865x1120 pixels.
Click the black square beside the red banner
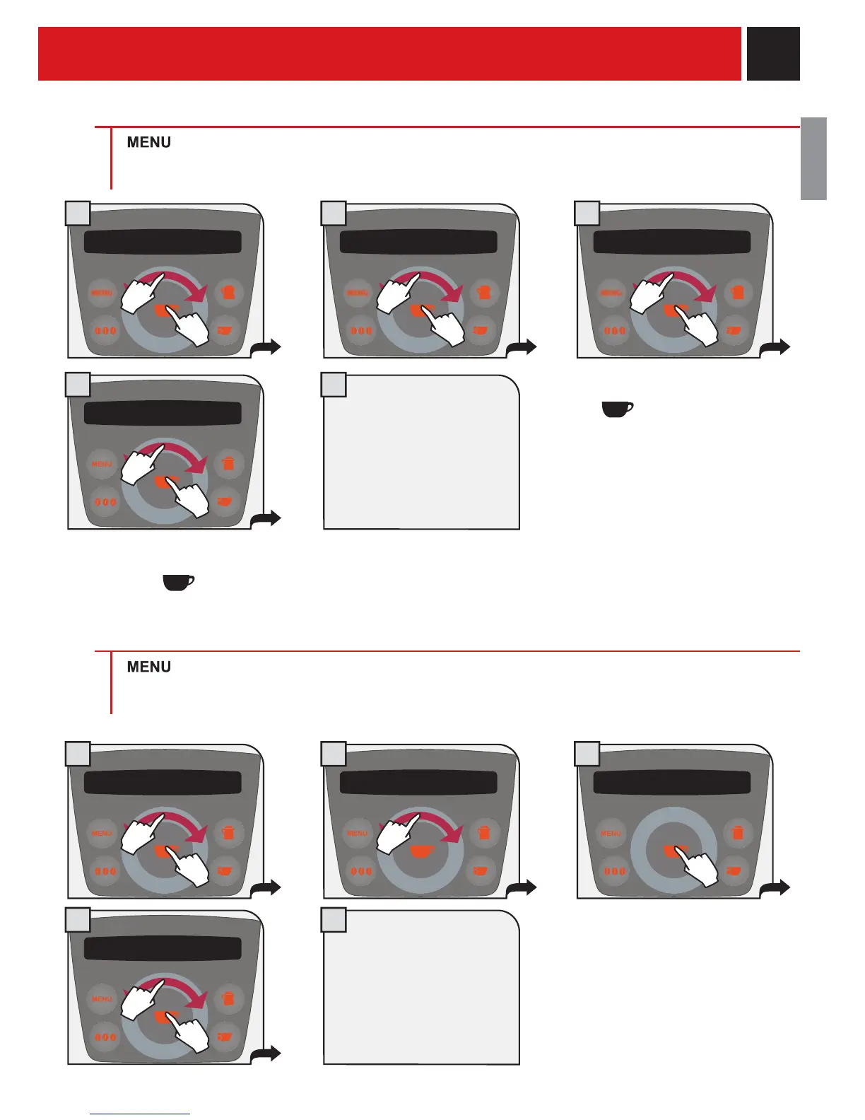[773, 54]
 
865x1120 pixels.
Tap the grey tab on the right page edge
[813, 158]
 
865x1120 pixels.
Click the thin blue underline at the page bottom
[140, 1114]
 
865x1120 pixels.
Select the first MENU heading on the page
[148, 143]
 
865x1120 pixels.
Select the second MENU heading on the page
[148, 667]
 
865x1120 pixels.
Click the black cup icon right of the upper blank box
[617, 409]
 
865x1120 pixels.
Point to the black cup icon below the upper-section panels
[178, 583]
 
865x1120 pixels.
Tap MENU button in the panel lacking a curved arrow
[611, 833]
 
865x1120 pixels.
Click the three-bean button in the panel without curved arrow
[615, 870]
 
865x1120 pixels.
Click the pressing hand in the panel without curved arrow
[696, 866]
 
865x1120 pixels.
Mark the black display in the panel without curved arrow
[671, 783]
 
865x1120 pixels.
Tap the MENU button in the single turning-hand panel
[358, 833]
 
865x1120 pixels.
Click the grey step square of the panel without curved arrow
[587, 754]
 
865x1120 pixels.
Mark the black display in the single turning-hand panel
[418, 783]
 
